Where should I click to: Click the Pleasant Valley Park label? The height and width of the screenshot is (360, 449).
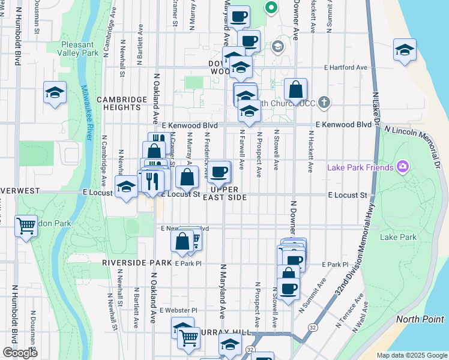tap(78, 49)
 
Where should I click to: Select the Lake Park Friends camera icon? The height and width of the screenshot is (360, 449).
tap(402, 167)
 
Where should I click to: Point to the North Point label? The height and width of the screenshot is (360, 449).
tap(420, 319)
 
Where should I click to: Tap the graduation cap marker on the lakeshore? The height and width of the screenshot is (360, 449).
tap(405, 50)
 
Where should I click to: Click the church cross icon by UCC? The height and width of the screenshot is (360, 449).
tap(324, 102)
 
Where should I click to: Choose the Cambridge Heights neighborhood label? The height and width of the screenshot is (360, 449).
tap(122, 103)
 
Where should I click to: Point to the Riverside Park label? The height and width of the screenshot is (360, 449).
tap(137, 263)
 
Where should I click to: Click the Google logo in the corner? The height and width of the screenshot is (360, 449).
tap(20, 353)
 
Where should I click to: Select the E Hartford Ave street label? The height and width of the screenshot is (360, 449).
tap(345, 68)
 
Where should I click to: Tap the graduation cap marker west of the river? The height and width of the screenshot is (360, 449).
tap(55, 93)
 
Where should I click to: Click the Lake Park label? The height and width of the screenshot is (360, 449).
tap(398, 237)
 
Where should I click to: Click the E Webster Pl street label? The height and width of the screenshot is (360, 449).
tap(178, 310)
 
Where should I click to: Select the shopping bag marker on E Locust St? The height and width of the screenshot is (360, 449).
tap(187, 177)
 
